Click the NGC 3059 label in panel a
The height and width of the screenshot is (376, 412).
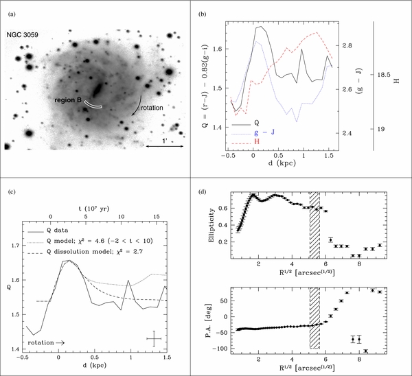click(x=23, y=35)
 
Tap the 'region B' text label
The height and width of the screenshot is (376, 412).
click(x=68, y=100)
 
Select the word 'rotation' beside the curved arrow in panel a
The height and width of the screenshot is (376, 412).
click(x=152, y=108)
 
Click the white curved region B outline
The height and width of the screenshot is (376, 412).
click(x=93, y=104)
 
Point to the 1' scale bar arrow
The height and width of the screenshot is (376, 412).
click(x=165, y=146)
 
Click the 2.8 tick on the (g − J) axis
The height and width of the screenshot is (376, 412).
click(x=347, y=46)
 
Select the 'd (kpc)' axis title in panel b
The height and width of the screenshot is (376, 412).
click(x=282, y=163)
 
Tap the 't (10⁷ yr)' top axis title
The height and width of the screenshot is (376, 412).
click(x=94, y=209)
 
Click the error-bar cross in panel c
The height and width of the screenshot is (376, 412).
click(x=154, y=339)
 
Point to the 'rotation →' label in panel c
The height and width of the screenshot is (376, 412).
click(x=46, y=342)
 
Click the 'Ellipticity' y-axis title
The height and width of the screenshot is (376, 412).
click(x=211, y=225)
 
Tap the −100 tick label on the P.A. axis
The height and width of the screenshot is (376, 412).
click(x=221, y=349)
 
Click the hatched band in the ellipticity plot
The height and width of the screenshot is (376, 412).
click(x=314, y=226)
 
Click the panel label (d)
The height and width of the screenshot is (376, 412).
click(x=202, y=191)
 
